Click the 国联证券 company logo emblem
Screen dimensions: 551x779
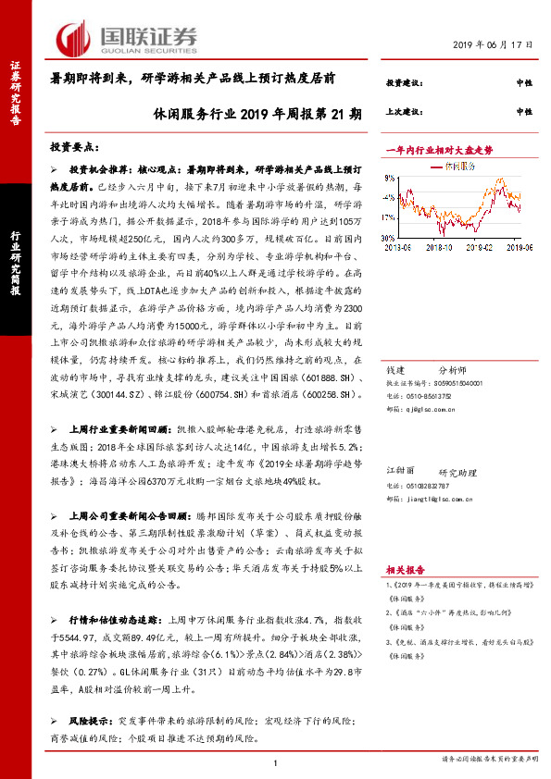[x=73, y=38]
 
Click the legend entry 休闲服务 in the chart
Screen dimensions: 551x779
[x=460, y=167]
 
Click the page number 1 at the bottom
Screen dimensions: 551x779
[x=276, y=760]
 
